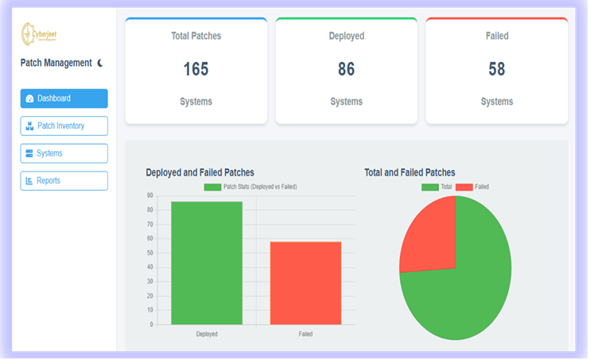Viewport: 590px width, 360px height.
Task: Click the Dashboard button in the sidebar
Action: (64, 99)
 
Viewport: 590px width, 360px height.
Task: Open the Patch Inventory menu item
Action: (64, 126)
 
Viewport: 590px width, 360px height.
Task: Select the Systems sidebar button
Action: (64, 153)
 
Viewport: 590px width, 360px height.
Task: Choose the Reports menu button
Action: (64, 180)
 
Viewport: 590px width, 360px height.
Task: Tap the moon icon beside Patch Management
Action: (100, 63)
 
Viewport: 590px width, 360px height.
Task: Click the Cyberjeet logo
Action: (39, 34)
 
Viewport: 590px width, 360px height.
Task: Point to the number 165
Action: (196, 69)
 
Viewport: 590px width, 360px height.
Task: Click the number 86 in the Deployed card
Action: (346, 69)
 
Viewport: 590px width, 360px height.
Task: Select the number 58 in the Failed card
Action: (496, 69)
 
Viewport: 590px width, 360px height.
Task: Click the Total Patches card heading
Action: (196, 36)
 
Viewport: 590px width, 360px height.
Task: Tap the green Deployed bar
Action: (207, 262)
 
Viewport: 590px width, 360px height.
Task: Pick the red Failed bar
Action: (305, 282)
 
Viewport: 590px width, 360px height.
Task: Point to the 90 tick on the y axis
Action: (150, 195)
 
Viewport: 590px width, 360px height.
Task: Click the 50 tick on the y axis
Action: (150, 253)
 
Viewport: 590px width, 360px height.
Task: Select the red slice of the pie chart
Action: (429, 234)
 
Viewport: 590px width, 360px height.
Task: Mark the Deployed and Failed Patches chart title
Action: (200, 172)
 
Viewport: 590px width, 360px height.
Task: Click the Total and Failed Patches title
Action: (410, 172)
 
